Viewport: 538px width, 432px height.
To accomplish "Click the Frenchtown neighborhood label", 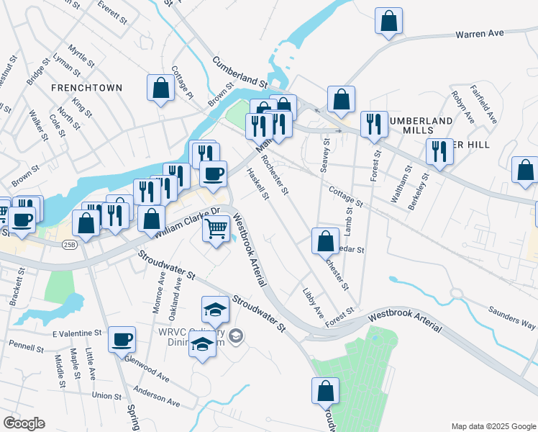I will click(86, 87).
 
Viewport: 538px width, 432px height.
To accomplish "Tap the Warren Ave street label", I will click(481, 33).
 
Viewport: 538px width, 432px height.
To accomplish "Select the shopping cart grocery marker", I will click(217, 230).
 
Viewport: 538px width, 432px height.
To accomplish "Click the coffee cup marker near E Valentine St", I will click(122, 338).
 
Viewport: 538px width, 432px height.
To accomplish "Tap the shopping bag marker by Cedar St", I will click(325, 240).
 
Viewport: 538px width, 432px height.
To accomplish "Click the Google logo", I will click(24, 423).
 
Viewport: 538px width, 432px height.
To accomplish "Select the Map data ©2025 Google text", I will click(493, 426).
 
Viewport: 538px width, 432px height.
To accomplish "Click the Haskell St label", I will click(257, 184).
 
